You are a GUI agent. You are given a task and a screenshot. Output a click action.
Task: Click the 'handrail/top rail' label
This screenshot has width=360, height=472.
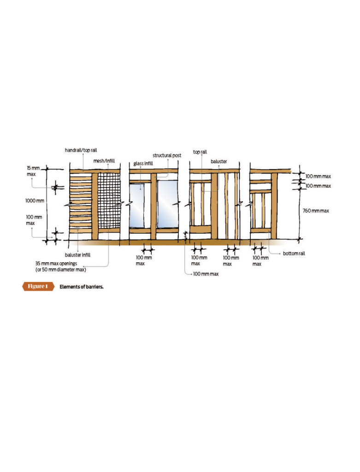81,150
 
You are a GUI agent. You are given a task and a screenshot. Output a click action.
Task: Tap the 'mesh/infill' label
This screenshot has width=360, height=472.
104,161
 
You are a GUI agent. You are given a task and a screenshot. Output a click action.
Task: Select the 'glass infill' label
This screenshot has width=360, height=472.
143,164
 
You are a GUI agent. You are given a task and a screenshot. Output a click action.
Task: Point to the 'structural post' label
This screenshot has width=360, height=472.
167,155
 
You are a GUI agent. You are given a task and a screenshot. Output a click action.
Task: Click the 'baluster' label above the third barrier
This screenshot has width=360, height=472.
219,161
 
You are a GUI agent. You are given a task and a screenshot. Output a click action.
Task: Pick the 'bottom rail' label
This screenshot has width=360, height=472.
294,254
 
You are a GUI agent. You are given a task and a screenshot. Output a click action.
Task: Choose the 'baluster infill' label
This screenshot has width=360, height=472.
77,254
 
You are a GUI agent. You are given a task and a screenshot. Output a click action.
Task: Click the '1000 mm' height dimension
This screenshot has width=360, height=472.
35,201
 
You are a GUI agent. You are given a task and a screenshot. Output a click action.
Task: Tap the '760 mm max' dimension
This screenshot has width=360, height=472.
316,211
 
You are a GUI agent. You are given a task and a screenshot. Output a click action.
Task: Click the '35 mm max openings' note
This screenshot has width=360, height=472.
56,263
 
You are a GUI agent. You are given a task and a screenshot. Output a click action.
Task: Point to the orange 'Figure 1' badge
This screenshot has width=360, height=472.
38,286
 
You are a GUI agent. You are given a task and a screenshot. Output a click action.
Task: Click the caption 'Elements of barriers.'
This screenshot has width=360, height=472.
81,287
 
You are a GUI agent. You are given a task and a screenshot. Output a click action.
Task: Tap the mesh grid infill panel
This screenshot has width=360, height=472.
109,200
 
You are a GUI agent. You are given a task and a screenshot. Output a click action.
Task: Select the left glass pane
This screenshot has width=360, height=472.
136,206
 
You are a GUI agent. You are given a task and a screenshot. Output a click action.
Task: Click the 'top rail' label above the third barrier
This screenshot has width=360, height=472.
200,152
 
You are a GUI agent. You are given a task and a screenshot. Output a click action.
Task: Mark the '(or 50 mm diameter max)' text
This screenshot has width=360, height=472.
61,270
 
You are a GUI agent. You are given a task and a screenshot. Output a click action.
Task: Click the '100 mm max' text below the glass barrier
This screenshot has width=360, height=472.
143,260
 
